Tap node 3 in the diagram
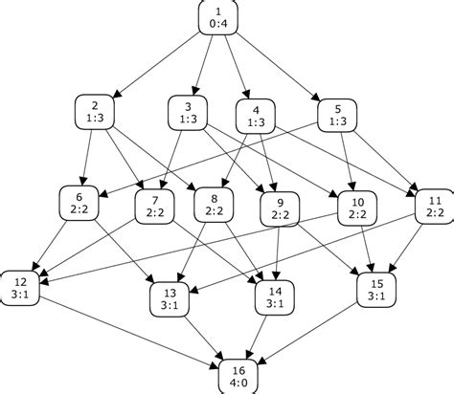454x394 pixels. (188, 112)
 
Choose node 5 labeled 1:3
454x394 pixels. (336, 112)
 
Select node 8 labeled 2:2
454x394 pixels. (214, 206)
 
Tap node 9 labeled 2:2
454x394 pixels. (282, 209)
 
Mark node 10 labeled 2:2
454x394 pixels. (358, 209)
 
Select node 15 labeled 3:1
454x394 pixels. (375, 290)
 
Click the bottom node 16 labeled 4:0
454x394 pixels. (238, 374)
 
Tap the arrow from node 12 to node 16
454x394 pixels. (125, 330)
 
